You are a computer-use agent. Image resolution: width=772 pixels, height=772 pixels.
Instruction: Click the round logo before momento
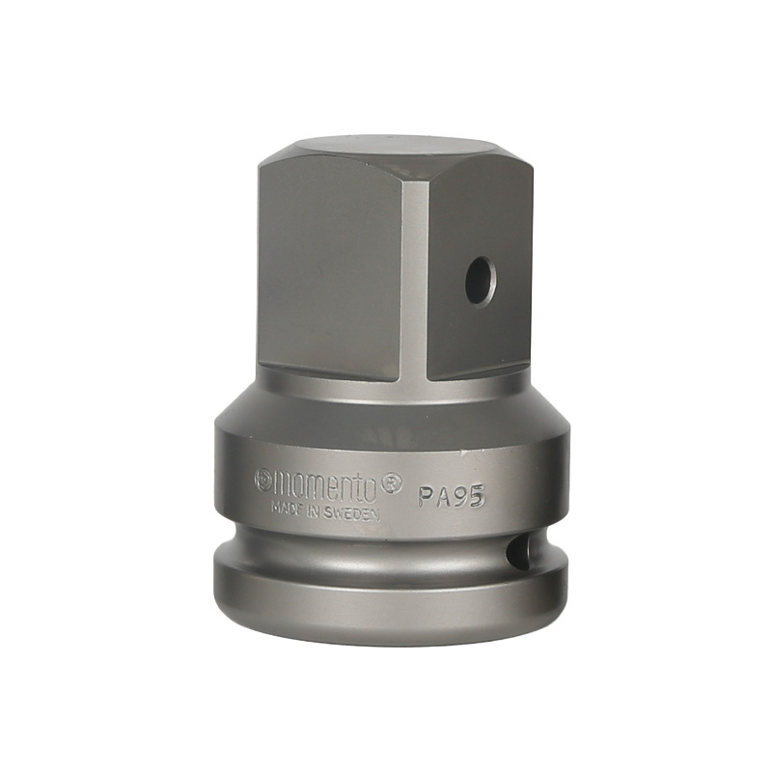(x=262, y=481)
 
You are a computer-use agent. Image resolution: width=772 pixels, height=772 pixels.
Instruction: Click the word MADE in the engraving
(x=287, y=508)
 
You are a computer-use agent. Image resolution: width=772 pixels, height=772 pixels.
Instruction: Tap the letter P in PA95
(x=426, y=497)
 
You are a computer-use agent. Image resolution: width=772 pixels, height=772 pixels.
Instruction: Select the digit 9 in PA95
(x=459, y=495)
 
